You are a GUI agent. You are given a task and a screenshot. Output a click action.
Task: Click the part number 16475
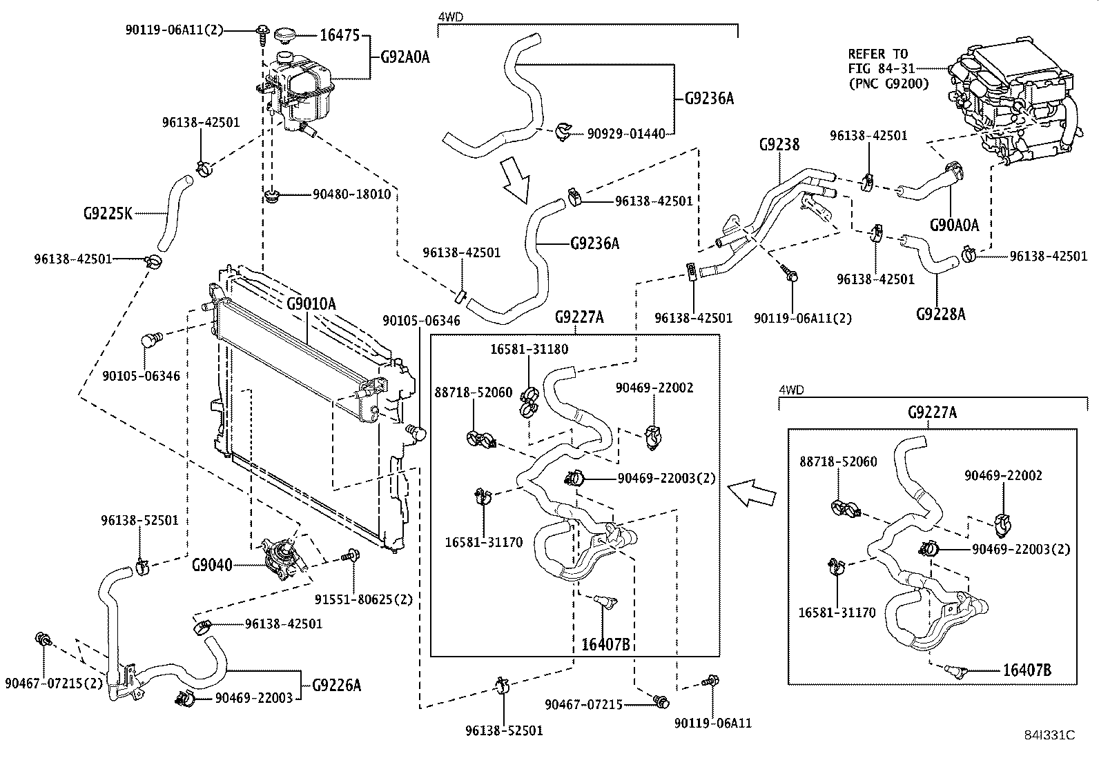point(340,34)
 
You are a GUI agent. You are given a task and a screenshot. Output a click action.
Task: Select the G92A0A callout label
point(405,57)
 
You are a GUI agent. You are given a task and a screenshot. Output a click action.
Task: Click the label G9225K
point(108,214)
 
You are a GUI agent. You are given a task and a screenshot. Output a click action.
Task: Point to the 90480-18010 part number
point(352,195)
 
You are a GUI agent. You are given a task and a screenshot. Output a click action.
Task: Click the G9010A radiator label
point(311,304)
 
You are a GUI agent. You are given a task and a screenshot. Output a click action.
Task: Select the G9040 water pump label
point(212,566)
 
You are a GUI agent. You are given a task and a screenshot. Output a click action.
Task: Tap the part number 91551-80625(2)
point(364,599)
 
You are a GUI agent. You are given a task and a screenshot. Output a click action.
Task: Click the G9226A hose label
point(337,685)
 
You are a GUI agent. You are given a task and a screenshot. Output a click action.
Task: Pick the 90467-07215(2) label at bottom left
point(54,683)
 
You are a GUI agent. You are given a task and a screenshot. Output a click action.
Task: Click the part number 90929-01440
point(626,133)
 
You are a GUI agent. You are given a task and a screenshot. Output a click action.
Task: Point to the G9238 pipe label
point(779,144)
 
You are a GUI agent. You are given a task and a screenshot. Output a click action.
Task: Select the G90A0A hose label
point(954,225)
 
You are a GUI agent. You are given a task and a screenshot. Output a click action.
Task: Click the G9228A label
point(940,314)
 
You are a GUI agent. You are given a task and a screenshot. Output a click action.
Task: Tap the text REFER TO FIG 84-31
point(882,61)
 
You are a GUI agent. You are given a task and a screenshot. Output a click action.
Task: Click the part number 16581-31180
point(529,349)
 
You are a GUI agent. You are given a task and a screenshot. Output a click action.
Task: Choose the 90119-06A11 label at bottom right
point(713,724)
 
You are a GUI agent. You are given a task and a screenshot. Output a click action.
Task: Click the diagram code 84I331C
point(1049,735)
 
